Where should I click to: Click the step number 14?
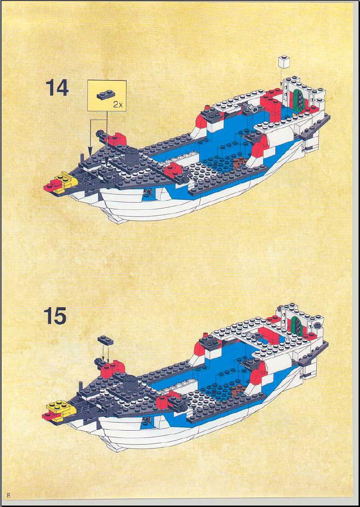click(57, 88)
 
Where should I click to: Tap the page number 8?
click(9, 495)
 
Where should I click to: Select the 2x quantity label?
click(118, 105)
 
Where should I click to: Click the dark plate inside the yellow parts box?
click(106, 95)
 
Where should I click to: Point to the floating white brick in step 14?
click(284, 62)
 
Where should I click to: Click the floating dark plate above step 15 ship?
click(105, 340)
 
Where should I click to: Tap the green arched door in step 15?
click(296, 326)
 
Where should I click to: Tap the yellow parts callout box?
click(107, 96)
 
